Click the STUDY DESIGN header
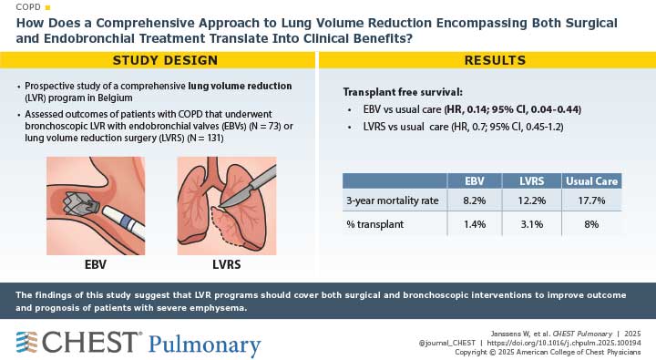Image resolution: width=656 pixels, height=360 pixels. pos(164,60)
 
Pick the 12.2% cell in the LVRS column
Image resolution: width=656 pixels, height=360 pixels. pos(533,201)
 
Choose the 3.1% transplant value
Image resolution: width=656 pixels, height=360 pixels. pos(533,223)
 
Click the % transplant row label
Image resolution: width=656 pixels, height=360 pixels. pos(375,223)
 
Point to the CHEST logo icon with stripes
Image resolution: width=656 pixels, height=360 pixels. pos(28,344)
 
